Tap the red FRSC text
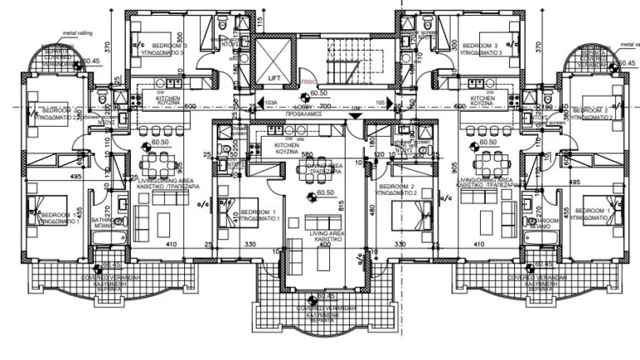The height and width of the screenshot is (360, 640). click(308, 82)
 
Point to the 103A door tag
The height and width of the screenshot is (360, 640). click(269, 102)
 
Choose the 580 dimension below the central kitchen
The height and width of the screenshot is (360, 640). click(307, 154)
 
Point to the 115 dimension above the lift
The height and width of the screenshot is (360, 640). click(261, 22)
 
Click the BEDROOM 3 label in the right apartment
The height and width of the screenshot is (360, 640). click(480, 45)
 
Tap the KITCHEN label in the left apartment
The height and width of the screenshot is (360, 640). click(169, 97)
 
